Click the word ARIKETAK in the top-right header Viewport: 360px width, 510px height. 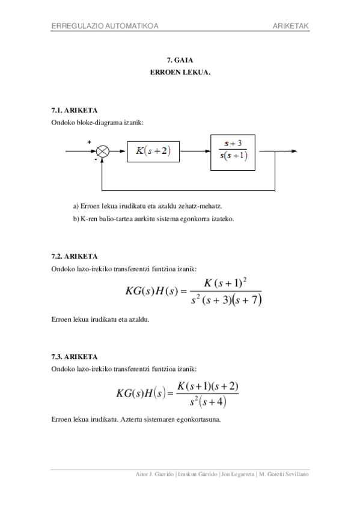point(290,26)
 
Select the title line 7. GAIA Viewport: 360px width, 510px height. point(180,60)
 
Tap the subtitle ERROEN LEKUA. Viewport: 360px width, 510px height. point(180,72)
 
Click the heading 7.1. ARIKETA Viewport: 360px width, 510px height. point(75,111)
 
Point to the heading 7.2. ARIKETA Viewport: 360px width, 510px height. point(75,256)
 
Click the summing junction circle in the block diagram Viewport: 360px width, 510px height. point(103,151)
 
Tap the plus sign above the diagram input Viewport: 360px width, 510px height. point(90,142)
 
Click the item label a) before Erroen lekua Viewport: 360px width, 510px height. point(76,206)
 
